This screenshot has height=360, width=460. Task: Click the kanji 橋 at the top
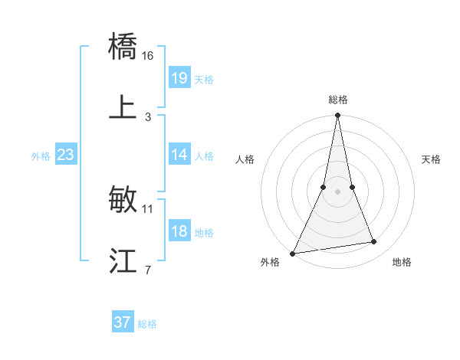[x=123, y=47]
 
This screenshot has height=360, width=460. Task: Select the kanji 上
[x=123, y=107]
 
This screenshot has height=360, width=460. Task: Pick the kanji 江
[x=123, y=261]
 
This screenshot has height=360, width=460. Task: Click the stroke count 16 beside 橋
[x=148, y=56]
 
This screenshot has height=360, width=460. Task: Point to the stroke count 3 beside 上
[x=148, y=116]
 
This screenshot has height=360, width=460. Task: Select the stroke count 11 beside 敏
[x=148, y=208]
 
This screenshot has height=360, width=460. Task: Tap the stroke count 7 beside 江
[x=148, y=270]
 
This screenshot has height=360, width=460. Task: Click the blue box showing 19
[x=179, y=78]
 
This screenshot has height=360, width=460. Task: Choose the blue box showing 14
[x=179, y=155]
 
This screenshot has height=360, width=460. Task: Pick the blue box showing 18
[x=179, y=231]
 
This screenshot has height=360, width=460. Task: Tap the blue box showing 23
[x=66, y=155]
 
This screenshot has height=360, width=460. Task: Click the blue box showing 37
[x=123, y=322]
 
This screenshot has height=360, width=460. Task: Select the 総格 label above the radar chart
[x=338, y=100]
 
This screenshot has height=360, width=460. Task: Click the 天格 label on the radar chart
[x=431, y=159]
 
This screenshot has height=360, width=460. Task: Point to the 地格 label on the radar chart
[x=402, y=262]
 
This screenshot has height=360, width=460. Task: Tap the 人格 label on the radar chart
[x=245, y=159]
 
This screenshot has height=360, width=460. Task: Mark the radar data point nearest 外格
[x=293, y=253]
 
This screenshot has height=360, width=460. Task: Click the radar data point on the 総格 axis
[x=337, y=116]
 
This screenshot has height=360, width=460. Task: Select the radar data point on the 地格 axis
[x=374, y=242]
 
